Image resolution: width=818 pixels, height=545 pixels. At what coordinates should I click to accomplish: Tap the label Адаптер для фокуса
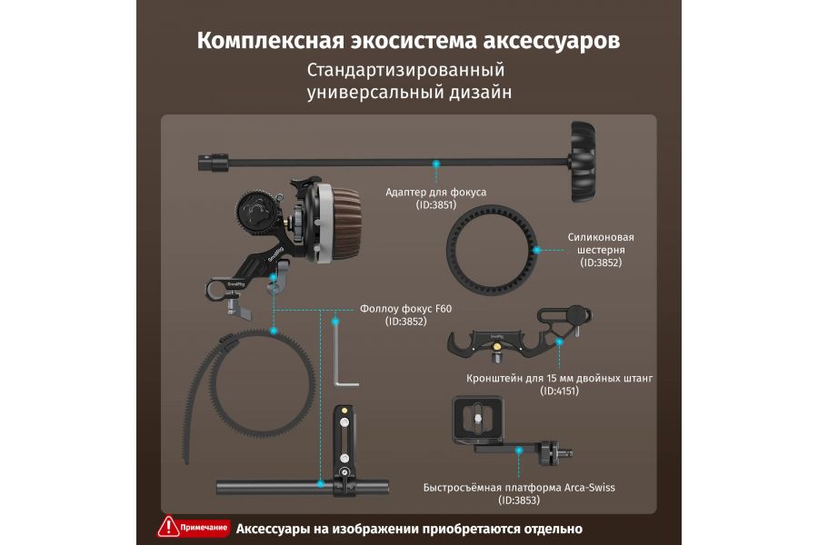click(436, 193)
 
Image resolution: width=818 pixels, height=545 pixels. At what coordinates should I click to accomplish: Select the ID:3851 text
click(436, 205)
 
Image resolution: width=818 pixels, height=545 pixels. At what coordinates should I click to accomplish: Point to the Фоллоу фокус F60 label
click(405, 309)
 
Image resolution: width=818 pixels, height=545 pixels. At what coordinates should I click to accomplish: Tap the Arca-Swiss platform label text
click(519, 488)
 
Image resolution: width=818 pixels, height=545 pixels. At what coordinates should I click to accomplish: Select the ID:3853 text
click(519, 500)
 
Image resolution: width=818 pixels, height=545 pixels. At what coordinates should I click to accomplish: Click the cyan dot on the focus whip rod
click(436, 163)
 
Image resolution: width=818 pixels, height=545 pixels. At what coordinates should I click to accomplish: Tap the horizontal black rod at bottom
click(273, 487)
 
